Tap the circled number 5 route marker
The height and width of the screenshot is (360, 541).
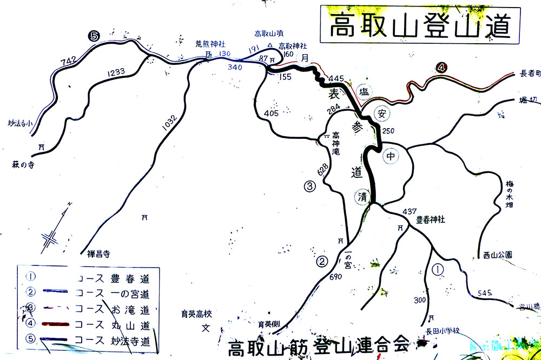point(95,36)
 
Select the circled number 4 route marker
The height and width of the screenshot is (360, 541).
point(442,68)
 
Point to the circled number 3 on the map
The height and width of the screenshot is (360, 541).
point(309,187)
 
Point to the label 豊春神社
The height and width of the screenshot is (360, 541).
point(430,220)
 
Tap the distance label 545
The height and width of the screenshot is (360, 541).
point(485,294)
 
